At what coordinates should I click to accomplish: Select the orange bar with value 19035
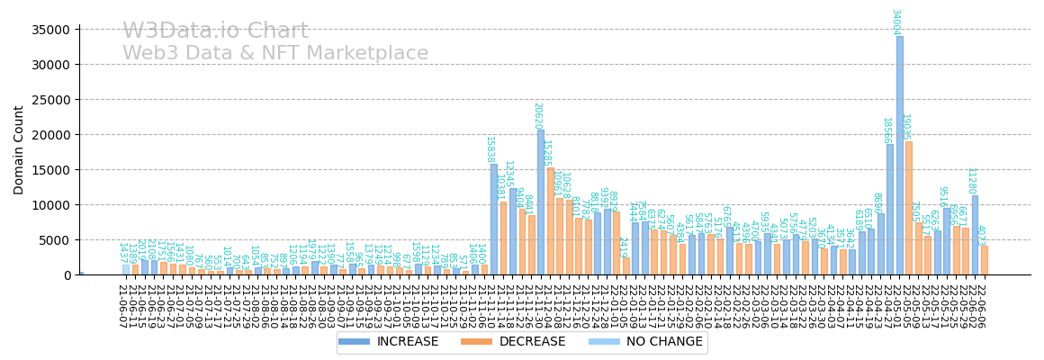(909, 208)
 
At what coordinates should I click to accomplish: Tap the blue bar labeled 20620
(541, 202)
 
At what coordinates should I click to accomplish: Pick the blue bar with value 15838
(494, 219)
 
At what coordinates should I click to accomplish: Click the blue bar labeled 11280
(975, 235)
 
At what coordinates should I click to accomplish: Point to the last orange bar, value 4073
(985, 260)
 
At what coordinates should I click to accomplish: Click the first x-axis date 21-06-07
(122, 306)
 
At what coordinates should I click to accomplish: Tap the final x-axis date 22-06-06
(981, 306)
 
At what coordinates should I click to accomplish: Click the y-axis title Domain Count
(20, 149)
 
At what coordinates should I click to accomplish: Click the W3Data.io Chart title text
(215, 31)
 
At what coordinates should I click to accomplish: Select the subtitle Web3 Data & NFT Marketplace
(275, 54)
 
